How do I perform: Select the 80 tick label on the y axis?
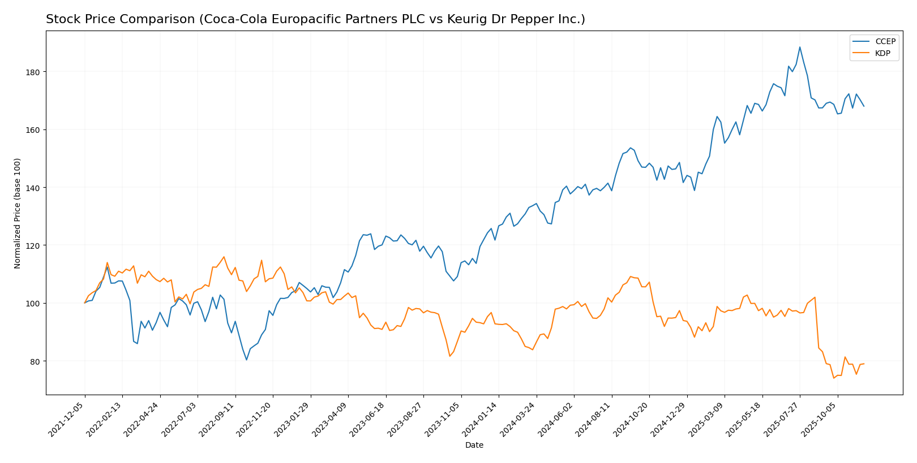[35, 361]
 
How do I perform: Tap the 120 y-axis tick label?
[32, 245]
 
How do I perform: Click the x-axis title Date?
[474, 445]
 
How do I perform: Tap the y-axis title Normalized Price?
[18, 213]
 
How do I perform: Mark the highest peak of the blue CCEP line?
[800, 47]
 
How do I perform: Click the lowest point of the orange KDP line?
[834, 378]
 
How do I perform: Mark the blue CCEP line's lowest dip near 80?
[246, 360]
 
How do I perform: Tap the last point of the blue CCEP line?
[864, 106]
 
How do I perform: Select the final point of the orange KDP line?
[864, 364]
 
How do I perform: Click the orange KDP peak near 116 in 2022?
[224, 257]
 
